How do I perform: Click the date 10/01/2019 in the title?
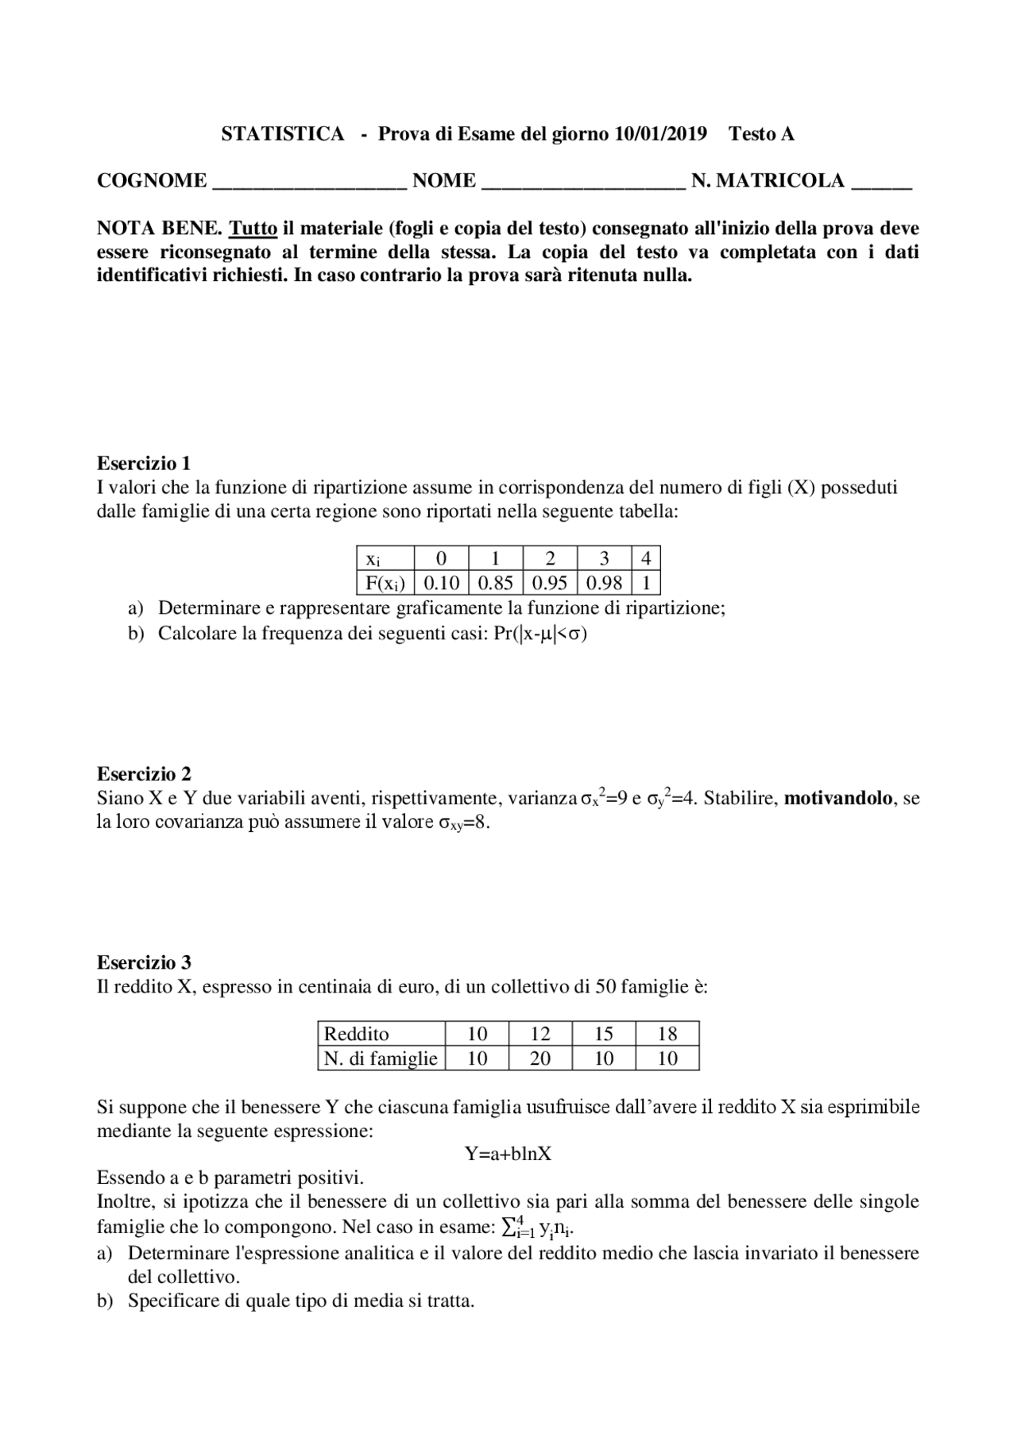[x=660, y=133]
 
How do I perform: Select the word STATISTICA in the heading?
[x=282, y=133]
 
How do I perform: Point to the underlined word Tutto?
[x=253, y=229]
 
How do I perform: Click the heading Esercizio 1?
[x=144, y=463]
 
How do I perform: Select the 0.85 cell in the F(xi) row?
[x=496, y=583]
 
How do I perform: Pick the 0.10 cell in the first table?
[x=442, y=583]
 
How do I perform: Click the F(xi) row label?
[x=385, y=583]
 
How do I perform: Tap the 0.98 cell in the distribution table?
[x=604, y=583]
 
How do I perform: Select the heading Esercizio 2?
[x=144, y=773]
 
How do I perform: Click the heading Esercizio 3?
[x=144, y=962]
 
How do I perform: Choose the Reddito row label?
[x=357, y=1034]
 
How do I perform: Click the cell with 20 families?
[x=540, y=1058]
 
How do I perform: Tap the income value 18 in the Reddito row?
[x=667, y=1034]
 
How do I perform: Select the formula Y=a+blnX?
[x=508, y=1154]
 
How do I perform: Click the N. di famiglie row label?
[x=381, y=1058]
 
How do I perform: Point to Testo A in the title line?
[x=761, y=133]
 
